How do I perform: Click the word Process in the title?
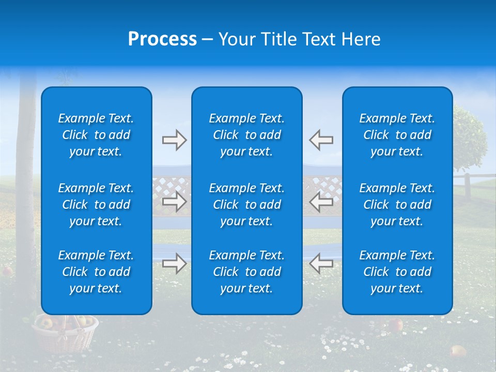pos(162,39)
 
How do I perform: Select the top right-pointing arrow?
pos(174,140)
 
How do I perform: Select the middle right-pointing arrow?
pos(174,202)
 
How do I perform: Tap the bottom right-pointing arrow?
pos(174,263)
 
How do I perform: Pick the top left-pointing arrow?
pos(321,140)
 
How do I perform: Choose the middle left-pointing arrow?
pos(321,202)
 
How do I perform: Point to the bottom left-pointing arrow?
pos(321,263)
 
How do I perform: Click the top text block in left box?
pos(96,135)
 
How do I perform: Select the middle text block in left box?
pos(96,205)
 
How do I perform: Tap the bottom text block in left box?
pos(96,272)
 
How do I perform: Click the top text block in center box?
pos(247,135)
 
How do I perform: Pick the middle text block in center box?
pos(247,205)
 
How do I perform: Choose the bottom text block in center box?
pos(247,272)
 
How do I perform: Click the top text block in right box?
pos(397,135)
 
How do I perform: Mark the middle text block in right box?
pos(397,205)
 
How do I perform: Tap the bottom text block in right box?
pos(397,272)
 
